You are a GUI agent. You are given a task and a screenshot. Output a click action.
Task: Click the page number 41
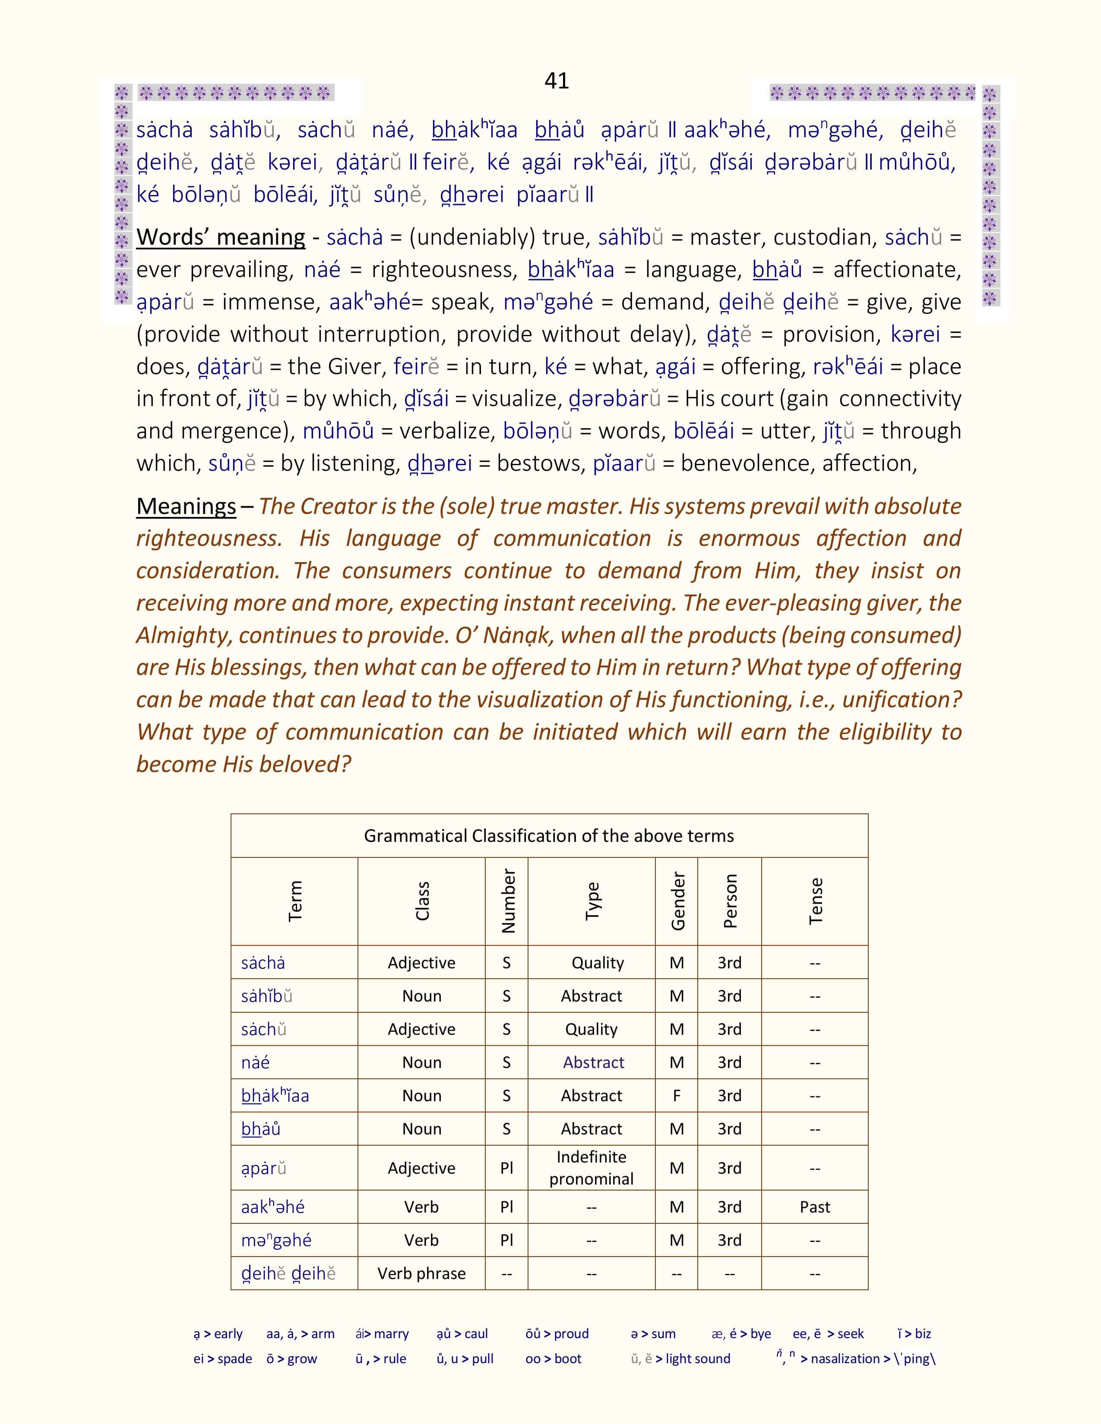[557, 81]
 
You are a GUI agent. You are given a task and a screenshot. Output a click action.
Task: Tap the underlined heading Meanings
[186, 506]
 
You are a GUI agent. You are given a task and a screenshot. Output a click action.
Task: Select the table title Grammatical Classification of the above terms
[548, 836]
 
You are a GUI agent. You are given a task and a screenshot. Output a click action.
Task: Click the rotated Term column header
[295, 901]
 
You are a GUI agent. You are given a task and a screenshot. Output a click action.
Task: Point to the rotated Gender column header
[677, 901]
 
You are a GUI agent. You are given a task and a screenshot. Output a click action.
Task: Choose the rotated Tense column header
[815, 901]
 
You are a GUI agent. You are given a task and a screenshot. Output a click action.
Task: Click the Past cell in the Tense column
[815, 1207]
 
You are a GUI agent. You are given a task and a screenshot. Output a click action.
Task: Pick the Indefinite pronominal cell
[591, 1167]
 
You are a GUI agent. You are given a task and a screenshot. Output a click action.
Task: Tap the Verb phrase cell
[421, 1273]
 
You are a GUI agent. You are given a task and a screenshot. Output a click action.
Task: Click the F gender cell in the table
[677, 1095]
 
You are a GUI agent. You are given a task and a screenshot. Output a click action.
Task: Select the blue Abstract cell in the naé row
[594, 1062]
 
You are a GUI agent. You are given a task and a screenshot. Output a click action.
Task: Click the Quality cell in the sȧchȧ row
[598, 962]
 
